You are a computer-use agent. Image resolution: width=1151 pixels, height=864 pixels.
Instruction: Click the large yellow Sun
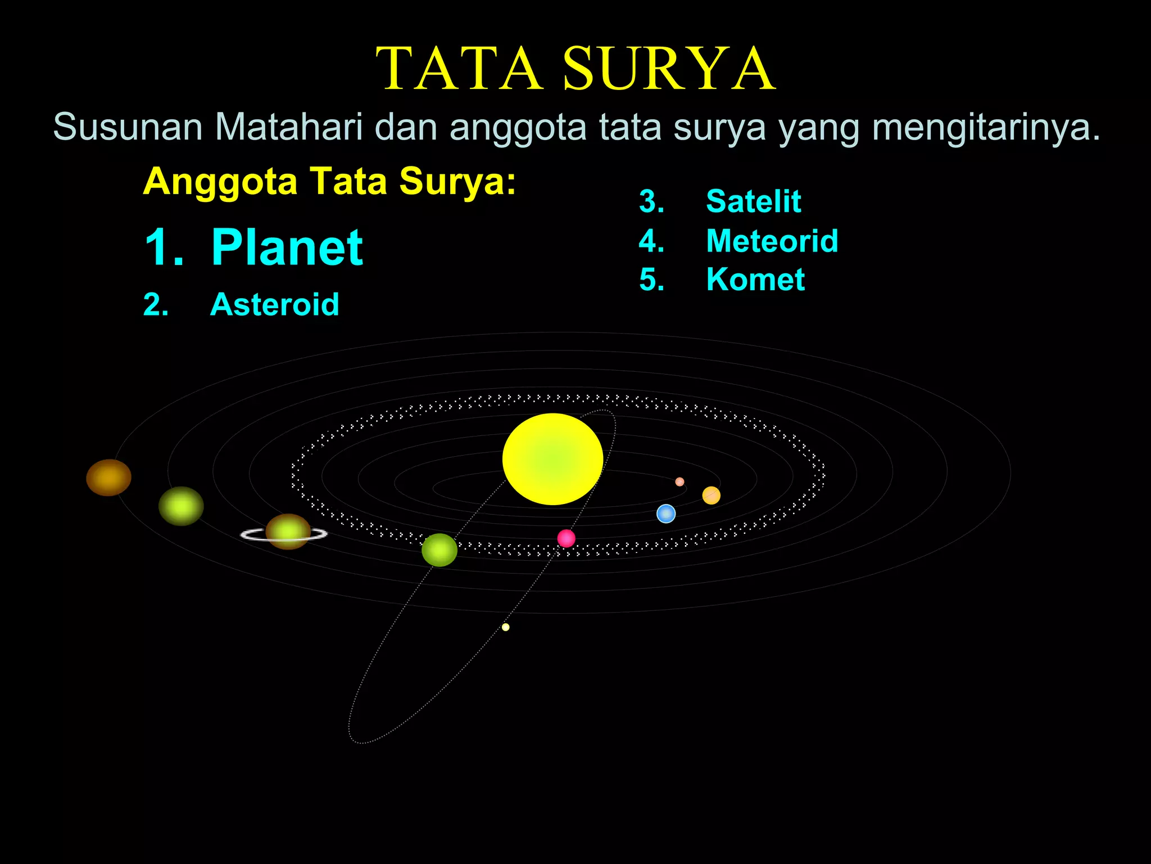[x=552, y=458]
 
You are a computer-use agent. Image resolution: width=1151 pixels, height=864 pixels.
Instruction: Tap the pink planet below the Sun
[x=566, y=538]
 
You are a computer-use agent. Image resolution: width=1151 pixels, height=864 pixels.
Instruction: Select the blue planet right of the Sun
[x=666, y=514]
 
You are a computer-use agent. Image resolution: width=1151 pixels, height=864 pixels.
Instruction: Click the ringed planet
[x=288, y=532]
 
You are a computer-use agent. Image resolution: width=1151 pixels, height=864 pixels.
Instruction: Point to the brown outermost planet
[x=108, y=478]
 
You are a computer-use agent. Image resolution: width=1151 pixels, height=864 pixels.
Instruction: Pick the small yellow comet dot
[x=506, y=627]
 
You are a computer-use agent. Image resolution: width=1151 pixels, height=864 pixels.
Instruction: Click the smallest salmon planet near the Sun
[x=679, y=481]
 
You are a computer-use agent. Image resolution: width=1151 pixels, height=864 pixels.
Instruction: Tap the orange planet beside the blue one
[x=711, y=496]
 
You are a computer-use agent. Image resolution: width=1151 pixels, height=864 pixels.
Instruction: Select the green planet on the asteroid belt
[x=439, y=550]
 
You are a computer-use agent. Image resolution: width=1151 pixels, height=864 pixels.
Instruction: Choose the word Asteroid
[x=274, y=304]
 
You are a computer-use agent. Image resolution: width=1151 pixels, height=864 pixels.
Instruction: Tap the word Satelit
[x=753, y=201]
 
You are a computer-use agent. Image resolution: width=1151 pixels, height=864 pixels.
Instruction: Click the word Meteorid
[x=772, y=241]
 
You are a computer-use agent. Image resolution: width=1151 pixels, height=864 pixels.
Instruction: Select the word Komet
[x=755, y=280]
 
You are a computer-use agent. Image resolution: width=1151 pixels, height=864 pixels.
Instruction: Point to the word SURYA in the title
[x=669, y=69]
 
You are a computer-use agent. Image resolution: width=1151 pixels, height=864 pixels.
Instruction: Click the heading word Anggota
[x=220, y=182]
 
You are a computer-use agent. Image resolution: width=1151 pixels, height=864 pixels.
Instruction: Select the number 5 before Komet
[x=651, y=280]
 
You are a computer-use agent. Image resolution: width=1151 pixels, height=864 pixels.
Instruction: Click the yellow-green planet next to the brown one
[x=181, y=506]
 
